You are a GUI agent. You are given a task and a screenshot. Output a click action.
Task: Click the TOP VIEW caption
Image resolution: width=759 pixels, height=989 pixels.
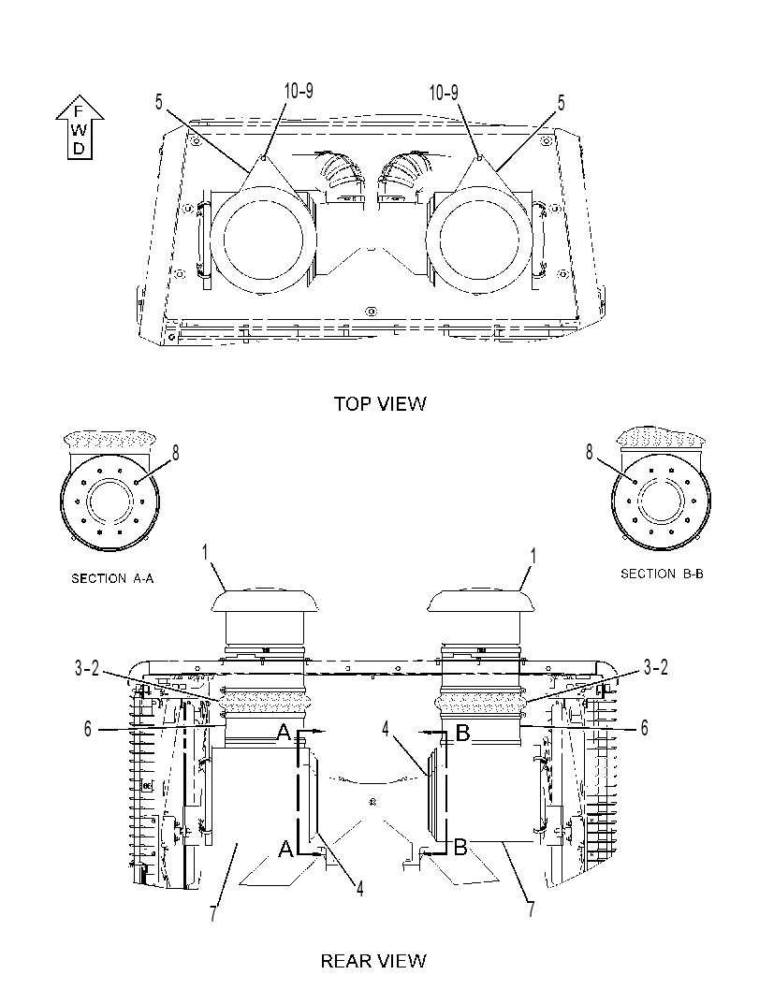380,403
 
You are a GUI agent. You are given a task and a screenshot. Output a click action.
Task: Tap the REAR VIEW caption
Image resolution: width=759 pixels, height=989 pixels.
373,961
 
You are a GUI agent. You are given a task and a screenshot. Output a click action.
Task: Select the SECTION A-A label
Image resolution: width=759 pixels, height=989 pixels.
112,578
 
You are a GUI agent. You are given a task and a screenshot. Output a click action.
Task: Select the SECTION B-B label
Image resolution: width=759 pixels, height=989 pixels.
662,574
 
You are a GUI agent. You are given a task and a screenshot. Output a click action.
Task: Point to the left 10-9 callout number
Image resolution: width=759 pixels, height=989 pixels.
299,91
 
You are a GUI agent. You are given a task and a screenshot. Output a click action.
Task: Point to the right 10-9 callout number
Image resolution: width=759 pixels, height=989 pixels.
444,93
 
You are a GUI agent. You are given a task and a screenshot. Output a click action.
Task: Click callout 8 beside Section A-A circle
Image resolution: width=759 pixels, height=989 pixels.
175,452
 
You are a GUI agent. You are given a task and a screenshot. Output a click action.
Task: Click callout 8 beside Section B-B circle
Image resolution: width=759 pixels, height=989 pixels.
590,452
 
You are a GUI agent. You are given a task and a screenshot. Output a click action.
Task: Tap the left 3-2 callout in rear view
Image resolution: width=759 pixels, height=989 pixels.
87,669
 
